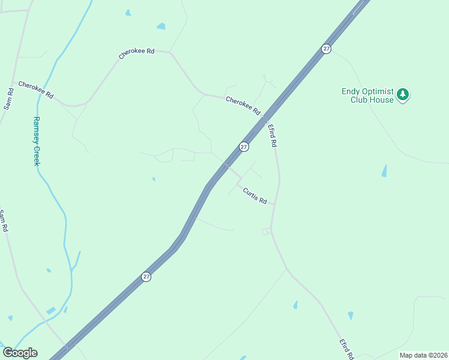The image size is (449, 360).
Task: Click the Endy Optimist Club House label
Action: click(x=368, y=95)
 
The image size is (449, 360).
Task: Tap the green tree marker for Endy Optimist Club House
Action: click(x=403, y=95)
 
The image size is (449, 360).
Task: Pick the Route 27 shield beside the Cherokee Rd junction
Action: click(x=244, y=146)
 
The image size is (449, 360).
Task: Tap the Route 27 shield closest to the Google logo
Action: click(x=146, y=277)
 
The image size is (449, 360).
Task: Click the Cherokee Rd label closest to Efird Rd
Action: click(x=243, y=106)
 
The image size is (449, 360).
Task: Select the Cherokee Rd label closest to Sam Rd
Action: click(x=36, y=90)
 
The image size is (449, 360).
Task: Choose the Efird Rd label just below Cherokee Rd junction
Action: click(x=273, y=136)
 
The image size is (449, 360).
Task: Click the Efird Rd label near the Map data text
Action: click(x=345, y=349)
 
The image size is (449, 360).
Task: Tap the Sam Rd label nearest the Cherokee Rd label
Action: click(x=9, y=98)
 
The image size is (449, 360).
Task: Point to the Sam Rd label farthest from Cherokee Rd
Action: click(x=4, y=221)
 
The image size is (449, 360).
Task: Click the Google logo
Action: click(x=20, y=353)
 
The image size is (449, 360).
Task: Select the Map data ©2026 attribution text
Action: click(x=423, y=355)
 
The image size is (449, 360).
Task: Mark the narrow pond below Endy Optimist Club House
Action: click(x=384, y=171)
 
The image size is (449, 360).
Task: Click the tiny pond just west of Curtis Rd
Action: click(x=154, y=179)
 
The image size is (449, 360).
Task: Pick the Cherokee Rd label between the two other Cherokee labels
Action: click(x=137, y=53)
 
